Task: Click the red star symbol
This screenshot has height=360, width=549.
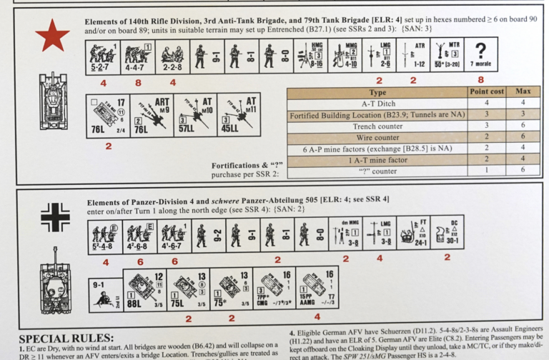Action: point(52,36)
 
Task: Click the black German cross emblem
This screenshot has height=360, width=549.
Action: point(54,218)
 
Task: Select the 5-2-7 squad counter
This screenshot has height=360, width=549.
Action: point(102,55)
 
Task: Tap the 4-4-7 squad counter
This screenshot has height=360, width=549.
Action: point(137,55)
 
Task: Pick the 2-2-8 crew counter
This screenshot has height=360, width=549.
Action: point(171,55)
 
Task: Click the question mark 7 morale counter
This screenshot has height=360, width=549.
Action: point(480,55)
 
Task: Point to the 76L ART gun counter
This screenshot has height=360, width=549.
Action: point(149,114)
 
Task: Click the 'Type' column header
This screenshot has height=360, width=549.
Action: point(377,93)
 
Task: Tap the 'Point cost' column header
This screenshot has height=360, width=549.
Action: point(487,93)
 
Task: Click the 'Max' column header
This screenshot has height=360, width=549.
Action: point(523,93)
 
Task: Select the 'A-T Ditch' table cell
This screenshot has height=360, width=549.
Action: point(377,104)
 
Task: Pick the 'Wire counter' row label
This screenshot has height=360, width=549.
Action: point(377,137)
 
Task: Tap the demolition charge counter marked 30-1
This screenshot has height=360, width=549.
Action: point(447,233)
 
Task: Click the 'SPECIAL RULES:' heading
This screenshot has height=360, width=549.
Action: point(66,338)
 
